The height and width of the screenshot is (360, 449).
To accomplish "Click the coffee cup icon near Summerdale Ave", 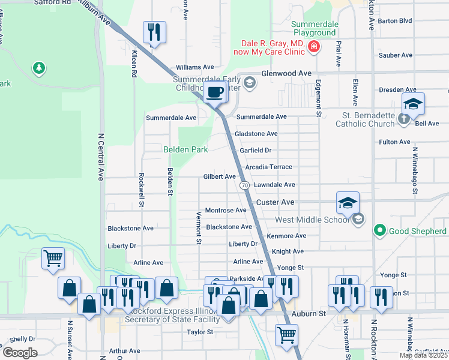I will pos(215,92).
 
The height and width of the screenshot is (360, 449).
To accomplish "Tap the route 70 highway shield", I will pos(245,185).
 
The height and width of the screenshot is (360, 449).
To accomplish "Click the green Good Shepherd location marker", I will pos(379,230).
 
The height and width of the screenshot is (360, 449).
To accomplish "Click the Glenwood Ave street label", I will pos(286,73).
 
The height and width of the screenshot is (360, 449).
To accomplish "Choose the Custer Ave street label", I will pos(276,203).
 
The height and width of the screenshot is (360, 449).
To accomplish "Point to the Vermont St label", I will pos(199,228).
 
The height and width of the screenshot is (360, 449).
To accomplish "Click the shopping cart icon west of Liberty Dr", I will pos(53,259).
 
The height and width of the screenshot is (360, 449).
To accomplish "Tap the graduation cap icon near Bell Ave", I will pos(413,103).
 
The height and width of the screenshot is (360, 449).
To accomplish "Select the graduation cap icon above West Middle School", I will pos(348,203).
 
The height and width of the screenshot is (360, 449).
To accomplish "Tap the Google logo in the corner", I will pos(20,353).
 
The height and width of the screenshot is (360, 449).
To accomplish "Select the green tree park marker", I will pos(39,68).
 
